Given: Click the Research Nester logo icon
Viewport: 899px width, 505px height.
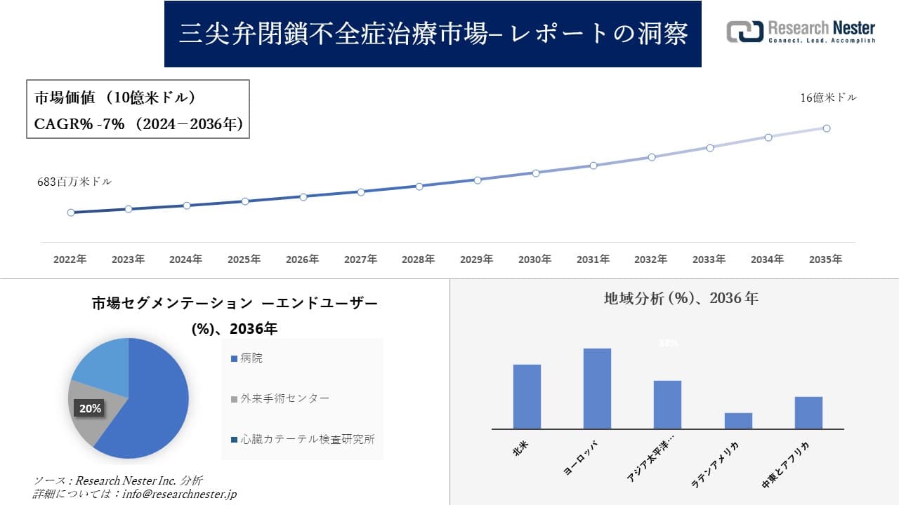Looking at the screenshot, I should tap(744, 32).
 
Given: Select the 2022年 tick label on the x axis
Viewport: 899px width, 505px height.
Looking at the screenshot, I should tap(70, 260).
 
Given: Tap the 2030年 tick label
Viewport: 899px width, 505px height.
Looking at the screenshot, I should tap(534, 260).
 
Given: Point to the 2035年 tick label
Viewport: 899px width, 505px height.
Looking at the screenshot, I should tap(825, 260).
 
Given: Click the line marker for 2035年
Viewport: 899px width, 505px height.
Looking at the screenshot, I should tap(827, 128).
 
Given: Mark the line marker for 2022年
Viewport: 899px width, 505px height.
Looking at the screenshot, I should tap(71, 213).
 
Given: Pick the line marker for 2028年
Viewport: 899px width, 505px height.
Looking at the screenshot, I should tap(419, 187).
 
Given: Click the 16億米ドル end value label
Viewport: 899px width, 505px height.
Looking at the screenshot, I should tap(828, 98).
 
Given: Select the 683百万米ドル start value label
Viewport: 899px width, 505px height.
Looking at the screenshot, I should tap(74, 182).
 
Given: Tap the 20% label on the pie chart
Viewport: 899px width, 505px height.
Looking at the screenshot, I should tap(90, 408).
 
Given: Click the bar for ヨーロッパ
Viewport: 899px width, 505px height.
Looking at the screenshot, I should tap(597, 389).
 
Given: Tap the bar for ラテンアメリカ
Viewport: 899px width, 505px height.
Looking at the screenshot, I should tap(738, 421).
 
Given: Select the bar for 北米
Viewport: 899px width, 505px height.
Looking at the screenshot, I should tap(527, 396).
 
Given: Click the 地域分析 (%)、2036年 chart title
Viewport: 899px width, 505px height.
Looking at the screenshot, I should tap(681, 298).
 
